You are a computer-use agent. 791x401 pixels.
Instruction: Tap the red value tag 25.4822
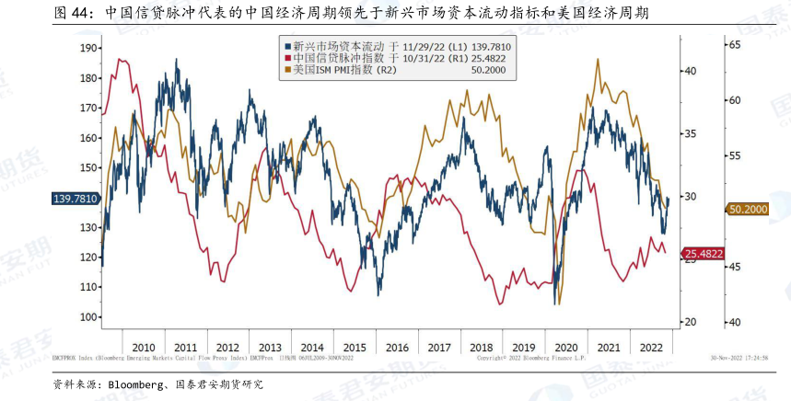tap(703, 253)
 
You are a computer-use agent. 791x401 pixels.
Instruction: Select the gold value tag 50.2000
tap(749, 210)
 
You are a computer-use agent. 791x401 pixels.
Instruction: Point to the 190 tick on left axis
tap(89, 48)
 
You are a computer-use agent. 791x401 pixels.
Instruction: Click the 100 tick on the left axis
tap(89, 316)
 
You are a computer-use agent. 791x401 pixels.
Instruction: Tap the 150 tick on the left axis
tap(89, 167)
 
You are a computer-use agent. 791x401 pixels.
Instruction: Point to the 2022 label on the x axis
tap(650, 348)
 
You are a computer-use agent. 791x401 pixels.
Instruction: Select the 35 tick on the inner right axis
tap(691, 133)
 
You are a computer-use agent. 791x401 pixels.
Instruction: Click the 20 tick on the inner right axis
tap(691, 322)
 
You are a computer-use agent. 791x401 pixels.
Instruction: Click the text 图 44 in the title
tap(73, 13)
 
